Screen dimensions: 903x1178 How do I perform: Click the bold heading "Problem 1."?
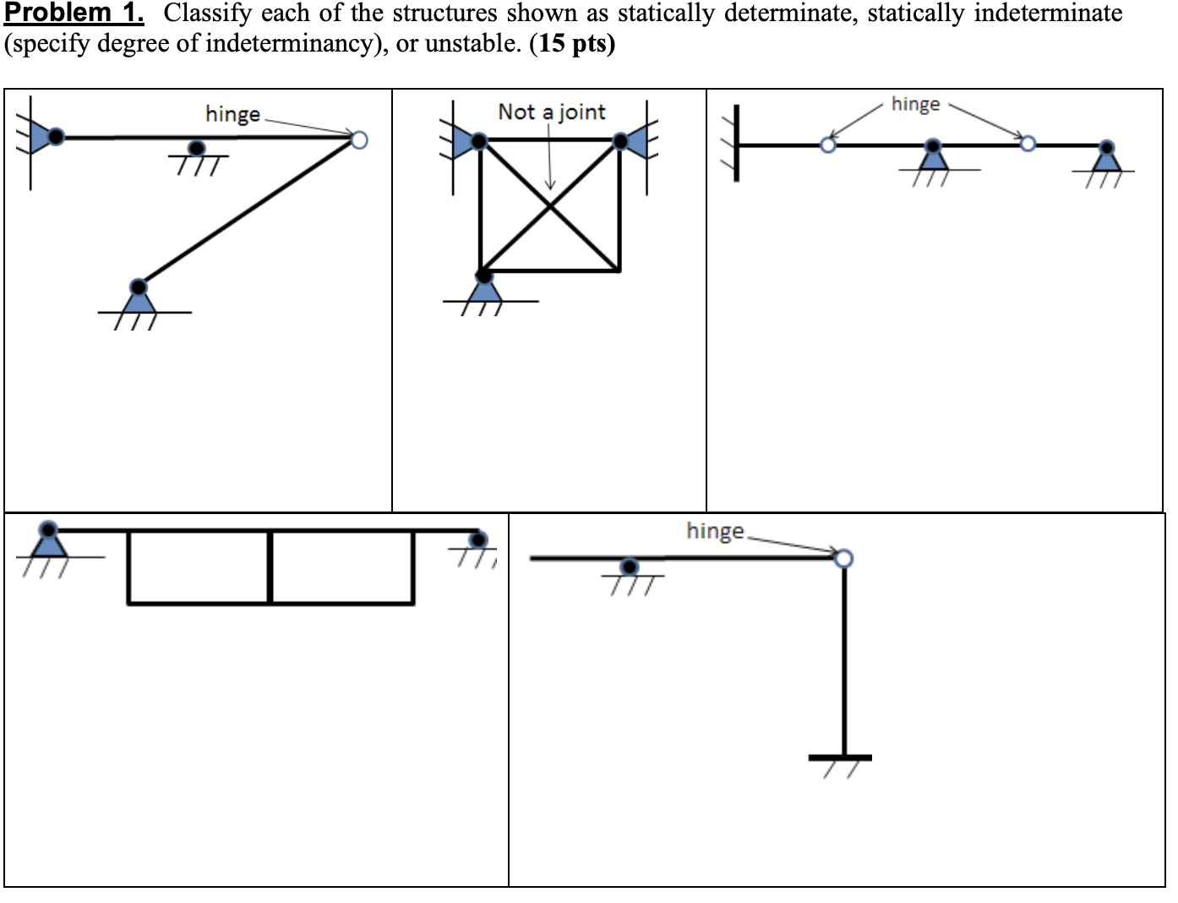point(74,13)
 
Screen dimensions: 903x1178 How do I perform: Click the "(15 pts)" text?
point(572,43)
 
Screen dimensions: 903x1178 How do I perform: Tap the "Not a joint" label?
point(551,112)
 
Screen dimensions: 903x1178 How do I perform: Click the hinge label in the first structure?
point(232,114)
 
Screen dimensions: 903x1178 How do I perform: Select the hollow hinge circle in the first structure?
point(359,140)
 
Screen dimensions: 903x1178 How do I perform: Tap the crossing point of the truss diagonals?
point(550,205)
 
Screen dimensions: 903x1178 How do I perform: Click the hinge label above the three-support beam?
point(915,104)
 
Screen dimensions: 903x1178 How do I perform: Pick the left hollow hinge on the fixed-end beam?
point(828,145)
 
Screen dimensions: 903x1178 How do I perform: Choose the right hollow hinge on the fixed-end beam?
point(1028,144)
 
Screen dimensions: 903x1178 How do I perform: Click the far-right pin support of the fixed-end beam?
point(1105,156)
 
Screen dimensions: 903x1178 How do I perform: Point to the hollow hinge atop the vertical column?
point(844,558)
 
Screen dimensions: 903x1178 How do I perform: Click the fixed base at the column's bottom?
point(840,758)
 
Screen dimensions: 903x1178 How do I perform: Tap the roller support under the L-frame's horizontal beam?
point(629,566)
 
